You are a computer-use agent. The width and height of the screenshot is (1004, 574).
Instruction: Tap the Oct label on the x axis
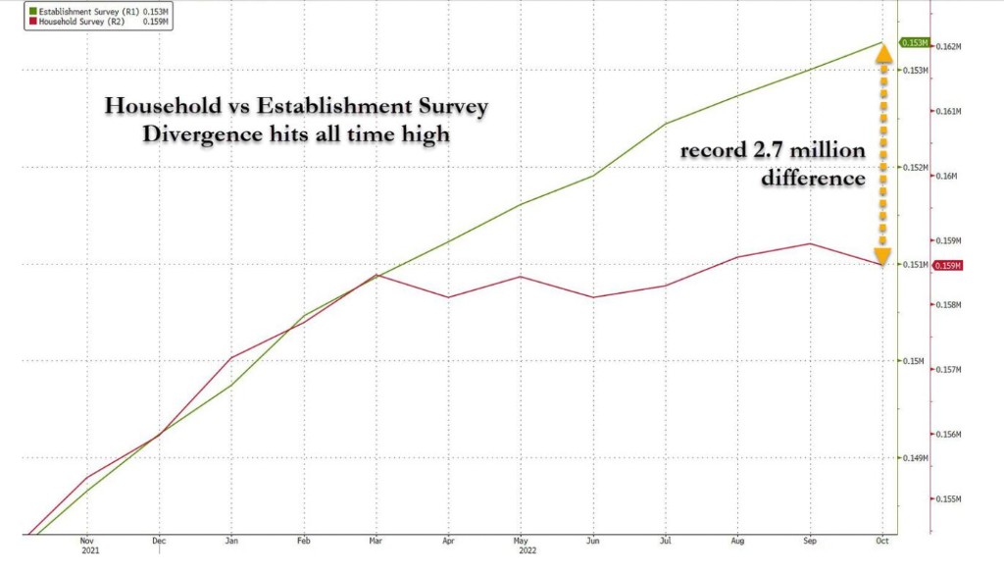tap(882, 541)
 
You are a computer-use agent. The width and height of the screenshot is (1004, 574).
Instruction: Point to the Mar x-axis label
tap(376, 541)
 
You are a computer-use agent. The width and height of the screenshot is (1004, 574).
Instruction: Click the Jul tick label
tap(665, 541)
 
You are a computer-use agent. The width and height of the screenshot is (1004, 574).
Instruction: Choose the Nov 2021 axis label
tap(86, 546)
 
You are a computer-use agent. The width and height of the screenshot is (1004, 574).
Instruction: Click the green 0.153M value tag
tap(914, 43)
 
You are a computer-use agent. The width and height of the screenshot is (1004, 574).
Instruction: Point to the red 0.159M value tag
tap(947, 266)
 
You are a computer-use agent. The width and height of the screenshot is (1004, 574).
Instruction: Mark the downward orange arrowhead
tap(882, 258)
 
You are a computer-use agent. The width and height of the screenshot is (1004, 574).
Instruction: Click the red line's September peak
tap(810, 243)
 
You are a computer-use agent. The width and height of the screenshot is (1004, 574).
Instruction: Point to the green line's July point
tap(666, 124)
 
